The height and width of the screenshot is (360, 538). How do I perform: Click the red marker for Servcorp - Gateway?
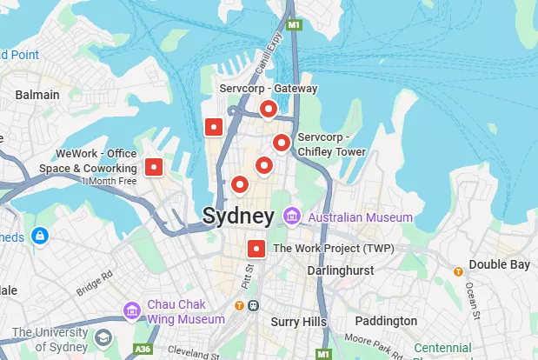[269, 109]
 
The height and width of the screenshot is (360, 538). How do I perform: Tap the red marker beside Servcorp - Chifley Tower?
[281, 143]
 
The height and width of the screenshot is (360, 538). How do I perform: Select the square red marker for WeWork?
[154, 167]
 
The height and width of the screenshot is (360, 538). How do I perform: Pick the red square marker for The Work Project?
[256, 249]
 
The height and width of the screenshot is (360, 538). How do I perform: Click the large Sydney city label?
[238, 216]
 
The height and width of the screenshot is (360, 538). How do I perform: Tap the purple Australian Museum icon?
[292, 215]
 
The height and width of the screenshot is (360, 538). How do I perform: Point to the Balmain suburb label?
[37, 95]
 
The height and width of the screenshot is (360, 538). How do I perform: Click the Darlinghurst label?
[341, 271]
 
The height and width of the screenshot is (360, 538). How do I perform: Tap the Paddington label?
[387, 321]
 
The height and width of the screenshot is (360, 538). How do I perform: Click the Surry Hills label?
[297, 322]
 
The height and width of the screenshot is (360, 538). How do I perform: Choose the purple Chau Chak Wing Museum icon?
[131, 310]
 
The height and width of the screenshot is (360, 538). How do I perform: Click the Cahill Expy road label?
[263, 57]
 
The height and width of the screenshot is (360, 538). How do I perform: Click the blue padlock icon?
[39, 236]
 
